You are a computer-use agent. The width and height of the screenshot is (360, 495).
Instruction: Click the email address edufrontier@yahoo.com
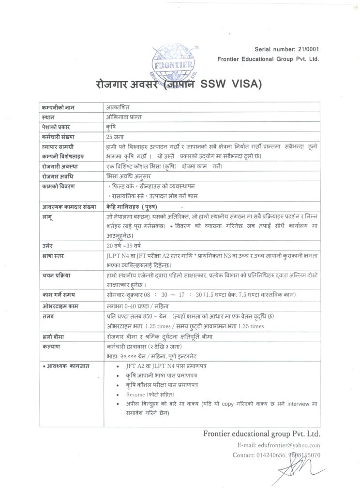pyautogui.click(x=292, y=445)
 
